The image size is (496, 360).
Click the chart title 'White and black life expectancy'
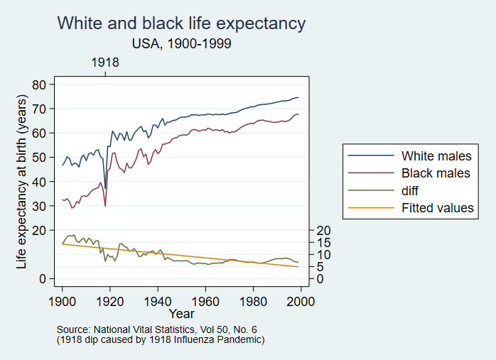tap(181, 23)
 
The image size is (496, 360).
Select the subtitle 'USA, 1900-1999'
tap(182, 43)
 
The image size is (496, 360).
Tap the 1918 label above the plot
tap(105, 62)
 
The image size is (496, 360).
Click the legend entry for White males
tap(436, 156)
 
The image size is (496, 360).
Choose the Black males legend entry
tap(436, 173)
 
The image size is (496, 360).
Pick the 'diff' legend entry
tap(412, 190)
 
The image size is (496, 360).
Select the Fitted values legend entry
tap(437, 208)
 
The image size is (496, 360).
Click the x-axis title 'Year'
tap(182, 313)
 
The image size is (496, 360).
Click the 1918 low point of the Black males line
tap(106, 206)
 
